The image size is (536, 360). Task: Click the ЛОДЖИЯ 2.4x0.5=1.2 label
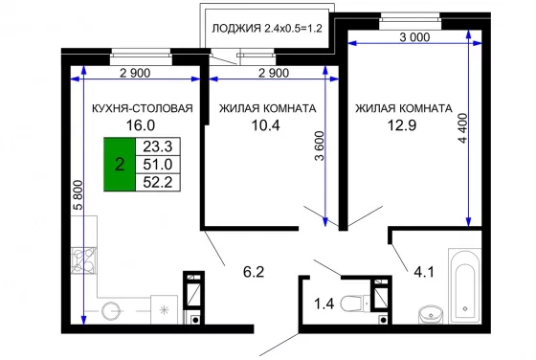tap(267, 28)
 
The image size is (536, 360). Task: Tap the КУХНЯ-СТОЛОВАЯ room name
tap(143, 108)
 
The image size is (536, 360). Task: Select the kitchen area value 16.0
tap(141, 125)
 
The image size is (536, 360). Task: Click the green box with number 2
tap(120, 165)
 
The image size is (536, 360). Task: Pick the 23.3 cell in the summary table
tap(158, 146)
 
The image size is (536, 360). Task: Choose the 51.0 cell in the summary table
tap(158, 165)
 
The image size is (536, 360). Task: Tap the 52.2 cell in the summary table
tap(158, 182)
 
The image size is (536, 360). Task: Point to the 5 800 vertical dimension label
tap(78, 195)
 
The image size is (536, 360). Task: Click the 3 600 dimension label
tap(320, 146)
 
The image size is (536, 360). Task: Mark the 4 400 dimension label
tap(462, 128)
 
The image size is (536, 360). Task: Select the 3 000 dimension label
tap(414, 37)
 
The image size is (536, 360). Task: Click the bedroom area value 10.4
tap(266, 125)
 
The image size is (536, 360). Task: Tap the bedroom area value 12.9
tap(402, 125)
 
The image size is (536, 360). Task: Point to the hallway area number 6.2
tap(254, 272)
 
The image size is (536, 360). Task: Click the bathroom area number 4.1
tap(424, 273)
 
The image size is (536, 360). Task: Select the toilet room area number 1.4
tap(324, 304)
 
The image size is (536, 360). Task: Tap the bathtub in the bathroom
tap(464, 286)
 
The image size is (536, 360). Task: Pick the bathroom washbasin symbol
tap(431, 314)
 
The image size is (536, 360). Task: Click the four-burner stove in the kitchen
tap(84, 260)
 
